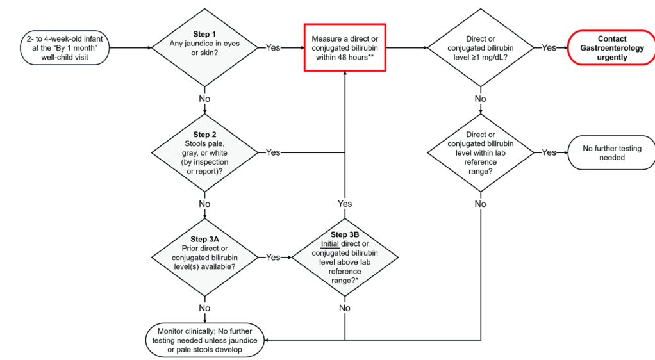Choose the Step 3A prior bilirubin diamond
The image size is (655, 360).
pyautogui.click(x=204, y=257)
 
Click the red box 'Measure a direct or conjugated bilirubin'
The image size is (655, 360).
pyautogui.click(x=345, y=48)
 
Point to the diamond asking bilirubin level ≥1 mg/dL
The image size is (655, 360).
pyautogui.click(x=480, y=48)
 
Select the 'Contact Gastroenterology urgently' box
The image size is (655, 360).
pyautogui.click(x=611, y=48)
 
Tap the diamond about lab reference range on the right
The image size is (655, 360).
pyautogui.click(x=480, y=152)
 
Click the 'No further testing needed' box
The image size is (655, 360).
pyautogui.click(x=611, y=152)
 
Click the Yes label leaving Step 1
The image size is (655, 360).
pyautogui.click(x=273, y=48)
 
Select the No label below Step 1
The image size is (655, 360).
pyautogui.click(x=204, y=99)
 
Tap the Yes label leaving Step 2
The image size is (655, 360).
pyautogui.click(x=273, y=152)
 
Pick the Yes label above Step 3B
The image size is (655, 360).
pyautogui.click(x=345, y=204)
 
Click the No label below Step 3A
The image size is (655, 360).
pyautogui.click(x=204, y=308)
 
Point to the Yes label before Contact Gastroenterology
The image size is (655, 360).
pyautogui.click(x=549, y=48)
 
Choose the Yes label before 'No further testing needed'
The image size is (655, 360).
pyautogui.click(x=549, y=152)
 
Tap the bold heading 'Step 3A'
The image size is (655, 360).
pyautogui.click(x=204, y=239)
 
